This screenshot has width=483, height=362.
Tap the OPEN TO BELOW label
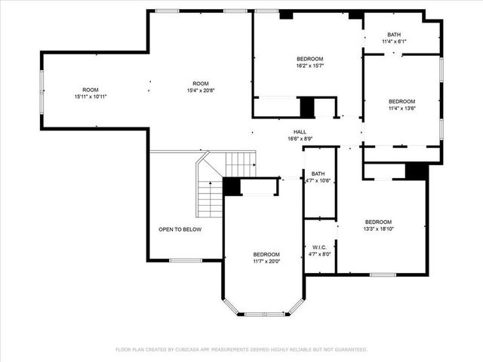pyautogui.click(x=180, y=229)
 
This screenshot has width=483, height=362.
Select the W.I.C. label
pyautogui.click(x=318, y=247)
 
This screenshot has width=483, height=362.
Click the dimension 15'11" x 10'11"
pyautogui.click(x=91, y=97)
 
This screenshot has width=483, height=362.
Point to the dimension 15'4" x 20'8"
pyautogui.click(x=200, y=90)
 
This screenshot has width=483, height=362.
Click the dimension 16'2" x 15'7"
pyautogui.click(x=309, y=66)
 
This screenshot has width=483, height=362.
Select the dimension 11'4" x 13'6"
pyautogui.click(x=401, y=109)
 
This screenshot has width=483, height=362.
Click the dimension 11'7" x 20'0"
pyautogui.click(x=266, y=261)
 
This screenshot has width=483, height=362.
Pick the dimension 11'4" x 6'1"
pyautogui.click(x=395, y=41)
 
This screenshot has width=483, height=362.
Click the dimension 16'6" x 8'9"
pyautogui.click(x=300, y=139)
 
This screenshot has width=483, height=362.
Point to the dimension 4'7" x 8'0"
pyautogui.click(x=318, y=254)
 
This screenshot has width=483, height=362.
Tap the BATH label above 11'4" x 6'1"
pyautogui.click(x=395, y=35)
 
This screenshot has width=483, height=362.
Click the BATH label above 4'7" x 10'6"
pyautogui.click(x=318, y=173)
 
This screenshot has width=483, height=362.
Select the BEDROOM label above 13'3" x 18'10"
pyautogui.click(x=378, y=222)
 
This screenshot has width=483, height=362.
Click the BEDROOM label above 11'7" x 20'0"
pyautogui.click(x=266, y=254)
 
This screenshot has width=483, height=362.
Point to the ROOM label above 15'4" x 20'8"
pyautogui.click(x=200, y=84)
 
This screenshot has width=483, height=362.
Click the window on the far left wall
pyautogui.click(x=42, y=90)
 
